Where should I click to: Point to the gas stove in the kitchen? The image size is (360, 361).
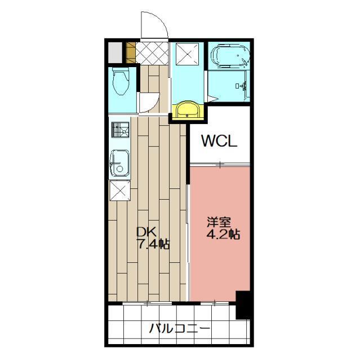pyautogui.click(x=120, y=131)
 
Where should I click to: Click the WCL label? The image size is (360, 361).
pyautogui.click(x=220, y=140)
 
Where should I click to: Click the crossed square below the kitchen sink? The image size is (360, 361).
pyautogui.click(x=119, y=192)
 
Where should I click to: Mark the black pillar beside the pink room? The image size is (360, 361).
pyautogui.click(x=243, y=305)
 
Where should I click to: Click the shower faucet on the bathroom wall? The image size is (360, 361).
pyautogui.click(x=245, y=86)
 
